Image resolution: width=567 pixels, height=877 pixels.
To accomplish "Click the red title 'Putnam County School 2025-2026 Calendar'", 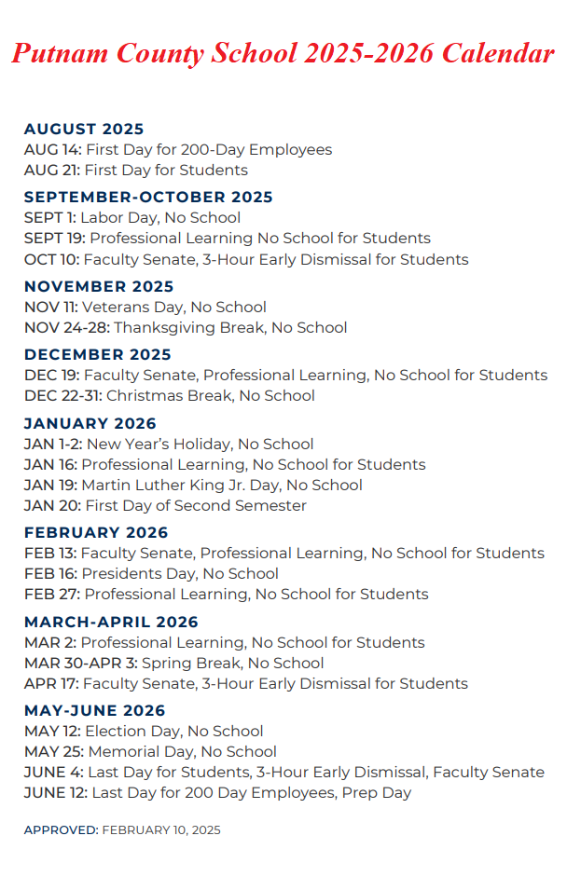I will coord(283,54).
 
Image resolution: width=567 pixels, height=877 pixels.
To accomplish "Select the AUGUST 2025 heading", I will coord(84,129).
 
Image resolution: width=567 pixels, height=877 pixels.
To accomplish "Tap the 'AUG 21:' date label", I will coord(52,170).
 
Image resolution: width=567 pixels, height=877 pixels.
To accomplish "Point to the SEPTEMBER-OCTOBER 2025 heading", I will coord(148,197).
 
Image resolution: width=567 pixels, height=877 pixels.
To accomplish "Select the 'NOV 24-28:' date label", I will coord(66,327).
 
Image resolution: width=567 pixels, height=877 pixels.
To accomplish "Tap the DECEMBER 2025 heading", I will coord(98,354).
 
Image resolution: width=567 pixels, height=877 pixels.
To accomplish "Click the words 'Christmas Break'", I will coord(169,395).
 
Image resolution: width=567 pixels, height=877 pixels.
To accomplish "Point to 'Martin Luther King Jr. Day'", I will coord(179,485).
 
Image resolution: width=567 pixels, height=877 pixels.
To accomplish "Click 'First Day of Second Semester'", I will coord(196,505).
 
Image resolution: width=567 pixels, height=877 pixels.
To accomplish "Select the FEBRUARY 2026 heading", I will coord(96,532).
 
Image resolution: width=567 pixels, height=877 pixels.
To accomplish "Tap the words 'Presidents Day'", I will coord(140,573).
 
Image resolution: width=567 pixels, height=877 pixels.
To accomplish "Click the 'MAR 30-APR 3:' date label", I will coord(77,663).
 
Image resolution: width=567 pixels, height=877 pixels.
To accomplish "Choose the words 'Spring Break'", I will coord(178,663).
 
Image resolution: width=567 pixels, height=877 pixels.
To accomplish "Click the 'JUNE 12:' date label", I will coord(56,792).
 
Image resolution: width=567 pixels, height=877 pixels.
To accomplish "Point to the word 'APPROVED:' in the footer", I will coord(61,829).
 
